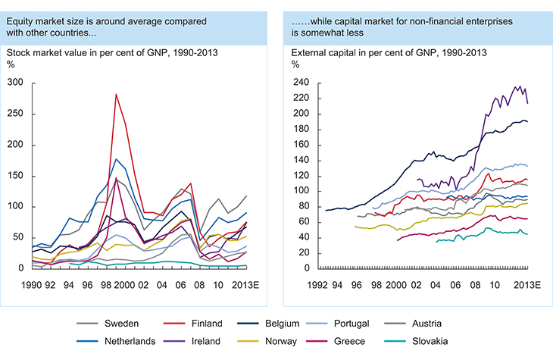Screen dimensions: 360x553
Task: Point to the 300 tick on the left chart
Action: click(15, 83)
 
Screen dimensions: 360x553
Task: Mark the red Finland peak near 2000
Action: click(115, 94)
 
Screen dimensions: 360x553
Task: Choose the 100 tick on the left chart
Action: click(15, 206)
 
